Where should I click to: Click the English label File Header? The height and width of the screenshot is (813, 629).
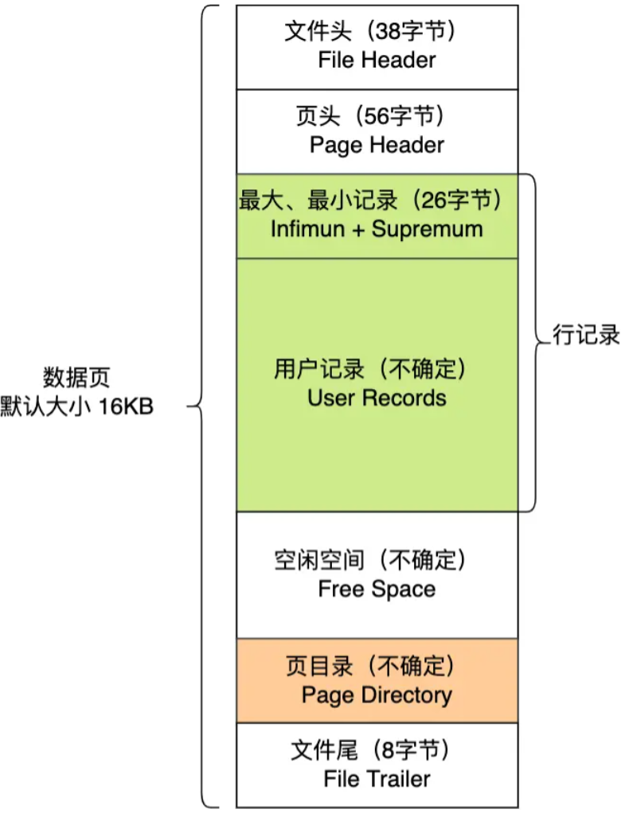(377, 60)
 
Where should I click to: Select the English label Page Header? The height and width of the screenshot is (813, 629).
(377, 145)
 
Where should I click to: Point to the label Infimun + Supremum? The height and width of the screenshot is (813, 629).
(377, 229)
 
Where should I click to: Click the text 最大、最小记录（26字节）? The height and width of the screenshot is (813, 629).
(373, 200)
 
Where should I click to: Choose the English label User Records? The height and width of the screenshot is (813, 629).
(377, 398)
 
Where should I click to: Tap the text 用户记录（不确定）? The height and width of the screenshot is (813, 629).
(369, 370)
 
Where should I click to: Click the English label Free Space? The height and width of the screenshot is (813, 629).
(377, 589)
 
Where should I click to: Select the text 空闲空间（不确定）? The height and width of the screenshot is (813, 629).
(369, 562)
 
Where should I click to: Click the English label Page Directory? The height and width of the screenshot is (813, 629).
(377, 694)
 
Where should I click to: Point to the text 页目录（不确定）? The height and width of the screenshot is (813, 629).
(369, 666)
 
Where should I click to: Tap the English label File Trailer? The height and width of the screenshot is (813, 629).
(377, 778)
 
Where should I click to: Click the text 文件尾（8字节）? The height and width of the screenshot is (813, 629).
(369, 750)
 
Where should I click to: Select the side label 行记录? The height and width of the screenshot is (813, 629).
(587, 335)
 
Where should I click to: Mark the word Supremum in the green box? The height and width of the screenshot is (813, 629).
(428, 229)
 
